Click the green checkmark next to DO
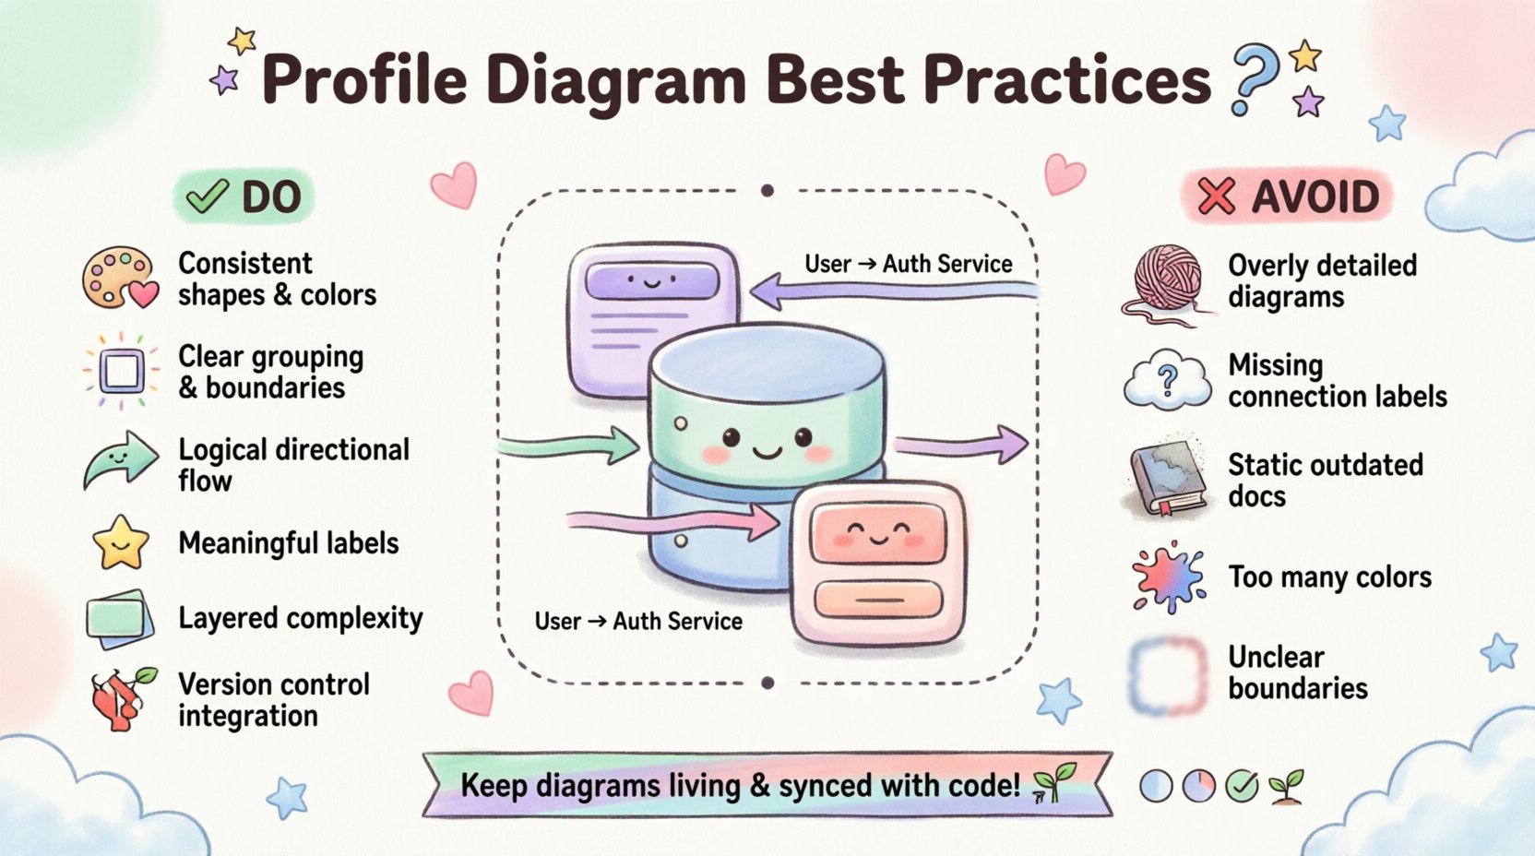208,196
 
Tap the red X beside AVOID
1216,196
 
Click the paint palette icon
118,278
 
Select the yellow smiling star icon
121,542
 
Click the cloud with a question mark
1168,380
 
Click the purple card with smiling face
653,318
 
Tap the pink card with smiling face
877,563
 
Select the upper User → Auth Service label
908,264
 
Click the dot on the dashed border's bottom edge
767,684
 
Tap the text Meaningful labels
288,543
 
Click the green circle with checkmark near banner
1242,786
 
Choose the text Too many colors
1329,577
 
